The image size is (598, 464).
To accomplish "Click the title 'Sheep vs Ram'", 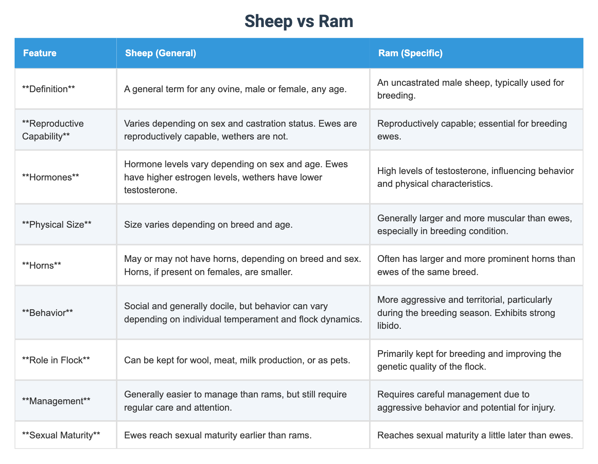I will click(x=299, y=21).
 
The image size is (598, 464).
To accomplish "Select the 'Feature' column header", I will click(x=40, y=53).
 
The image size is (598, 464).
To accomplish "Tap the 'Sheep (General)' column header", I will click(x=161, y=53).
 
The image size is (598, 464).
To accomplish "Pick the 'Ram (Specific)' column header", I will click(x=410, y=53).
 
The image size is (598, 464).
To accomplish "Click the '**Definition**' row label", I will click(x=48, y=89).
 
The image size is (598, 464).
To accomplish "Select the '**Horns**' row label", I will click(x=42, y=265).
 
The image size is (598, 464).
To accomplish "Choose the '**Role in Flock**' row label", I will click(x=56, y=360).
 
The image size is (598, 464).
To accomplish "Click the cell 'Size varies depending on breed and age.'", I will click(x=208, y=225).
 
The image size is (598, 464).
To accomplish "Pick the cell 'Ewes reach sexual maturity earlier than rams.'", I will click(x=218, y=435).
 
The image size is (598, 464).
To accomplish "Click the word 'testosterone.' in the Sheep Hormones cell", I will click(x=150, y=190).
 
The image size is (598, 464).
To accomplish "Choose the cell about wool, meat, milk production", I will click(x=237, y=360).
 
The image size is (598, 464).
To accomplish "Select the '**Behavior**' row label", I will click(x=47, y=313).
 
